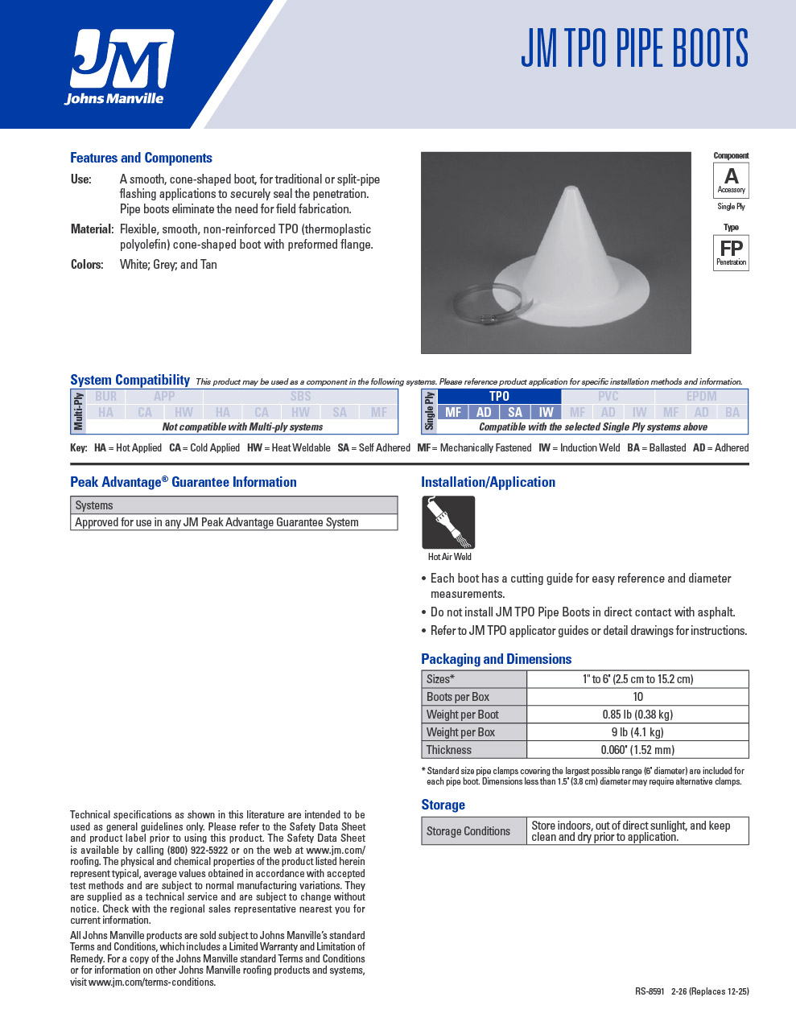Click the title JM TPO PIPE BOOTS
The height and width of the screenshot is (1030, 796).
[x=634, y=48]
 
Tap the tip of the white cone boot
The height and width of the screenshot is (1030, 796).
[x=571, y=190]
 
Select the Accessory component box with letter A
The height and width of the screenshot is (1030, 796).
[x=731, y=179]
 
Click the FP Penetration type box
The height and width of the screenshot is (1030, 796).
[x=731, y=252]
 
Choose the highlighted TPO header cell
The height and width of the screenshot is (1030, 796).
[x=499, y=396]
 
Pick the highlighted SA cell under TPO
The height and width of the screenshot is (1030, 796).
[x=515, y=412]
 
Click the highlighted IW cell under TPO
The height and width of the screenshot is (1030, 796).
[x=546, y=412]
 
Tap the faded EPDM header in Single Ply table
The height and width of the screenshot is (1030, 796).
[x=701, y=396]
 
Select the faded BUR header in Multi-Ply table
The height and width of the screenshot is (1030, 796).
[x=106, y=396]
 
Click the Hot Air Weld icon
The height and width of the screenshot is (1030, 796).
[x=448, y=523]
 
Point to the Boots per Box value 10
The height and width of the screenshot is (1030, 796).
[x=637, y=697]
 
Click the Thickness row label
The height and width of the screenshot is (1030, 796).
[x=449, y=750]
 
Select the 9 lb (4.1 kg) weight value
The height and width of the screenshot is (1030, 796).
[x=637, y=732]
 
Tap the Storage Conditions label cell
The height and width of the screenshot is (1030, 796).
[x=468, y=831]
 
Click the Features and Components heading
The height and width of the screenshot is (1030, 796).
[x=141, y=158]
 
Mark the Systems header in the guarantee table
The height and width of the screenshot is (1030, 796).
[x=94, y=505]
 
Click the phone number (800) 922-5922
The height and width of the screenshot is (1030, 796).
[x=197, y=850]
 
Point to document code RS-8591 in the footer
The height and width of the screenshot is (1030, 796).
[x=650, y=991]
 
